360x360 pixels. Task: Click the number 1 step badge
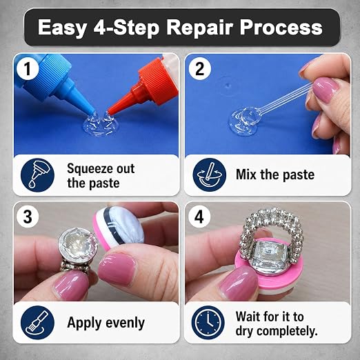28,68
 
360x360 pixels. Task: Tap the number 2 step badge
199,68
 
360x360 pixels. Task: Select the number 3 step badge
28,217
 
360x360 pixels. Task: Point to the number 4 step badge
199,217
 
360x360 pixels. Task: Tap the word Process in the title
281,27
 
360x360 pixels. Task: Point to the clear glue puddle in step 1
100,124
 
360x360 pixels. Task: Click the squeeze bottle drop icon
37,175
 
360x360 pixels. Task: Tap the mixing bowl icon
209,175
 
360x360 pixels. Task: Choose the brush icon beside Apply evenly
37,323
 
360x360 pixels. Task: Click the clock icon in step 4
208,323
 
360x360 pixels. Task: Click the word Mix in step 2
246,174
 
